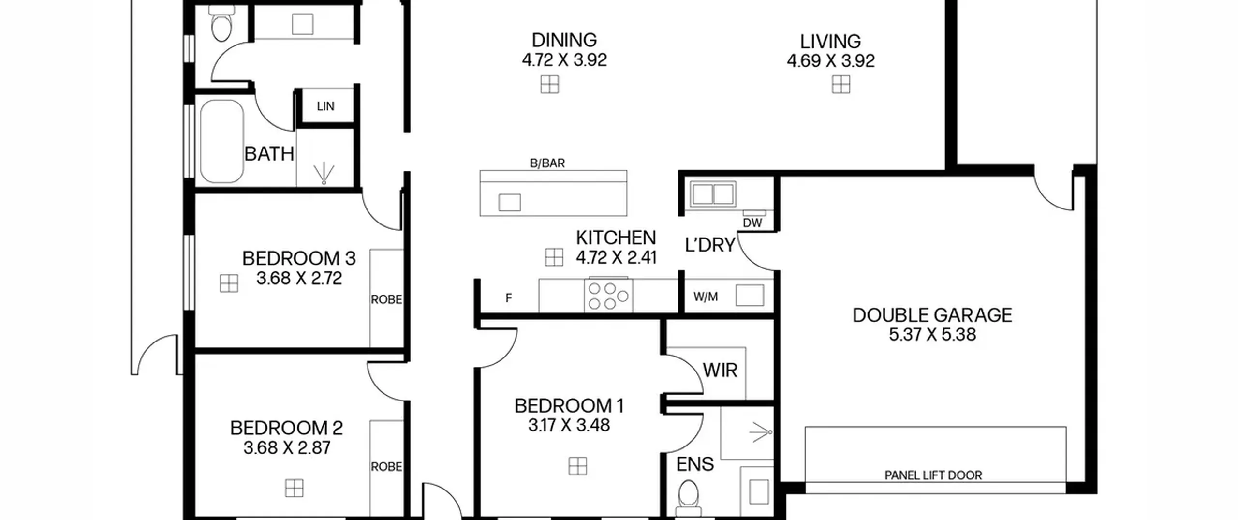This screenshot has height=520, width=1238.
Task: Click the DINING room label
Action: [564, 40]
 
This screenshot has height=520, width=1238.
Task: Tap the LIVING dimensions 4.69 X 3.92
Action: [830, 61]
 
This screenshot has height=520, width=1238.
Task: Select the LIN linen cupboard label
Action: [325, 106]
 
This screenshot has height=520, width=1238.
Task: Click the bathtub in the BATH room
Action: [222, 141]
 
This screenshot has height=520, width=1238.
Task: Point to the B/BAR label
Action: [547, 163]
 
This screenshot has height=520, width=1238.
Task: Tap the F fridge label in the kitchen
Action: [508, 298]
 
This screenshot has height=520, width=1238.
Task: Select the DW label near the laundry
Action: [752, 223]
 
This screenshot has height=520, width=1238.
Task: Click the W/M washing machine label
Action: [706, 297]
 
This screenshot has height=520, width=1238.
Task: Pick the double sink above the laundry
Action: [713, 194]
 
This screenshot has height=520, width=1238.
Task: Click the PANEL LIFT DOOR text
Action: [933, 475]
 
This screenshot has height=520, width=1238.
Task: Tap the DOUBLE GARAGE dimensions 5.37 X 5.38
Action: [932, 335]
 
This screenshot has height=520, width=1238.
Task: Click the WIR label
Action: [720, 371]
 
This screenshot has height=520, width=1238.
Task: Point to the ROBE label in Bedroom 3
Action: [386, 300]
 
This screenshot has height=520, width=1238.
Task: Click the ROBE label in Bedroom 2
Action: [386, 467]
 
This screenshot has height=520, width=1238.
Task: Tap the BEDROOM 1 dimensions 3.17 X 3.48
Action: [569, 425]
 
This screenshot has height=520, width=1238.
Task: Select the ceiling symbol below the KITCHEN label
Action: [554, 257]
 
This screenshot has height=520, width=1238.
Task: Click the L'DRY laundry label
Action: [710, 245]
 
